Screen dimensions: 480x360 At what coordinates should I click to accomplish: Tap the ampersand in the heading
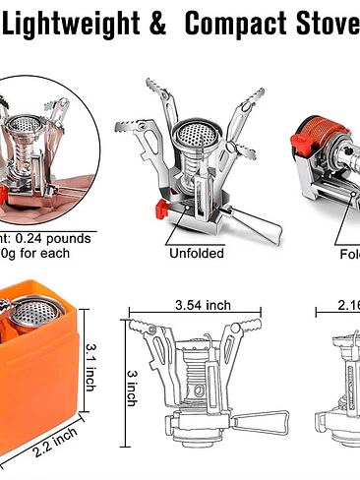[157, 21]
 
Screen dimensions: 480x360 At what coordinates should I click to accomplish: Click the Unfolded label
[197, 253]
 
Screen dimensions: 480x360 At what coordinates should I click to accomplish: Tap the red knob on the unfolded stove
[158, 208]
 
